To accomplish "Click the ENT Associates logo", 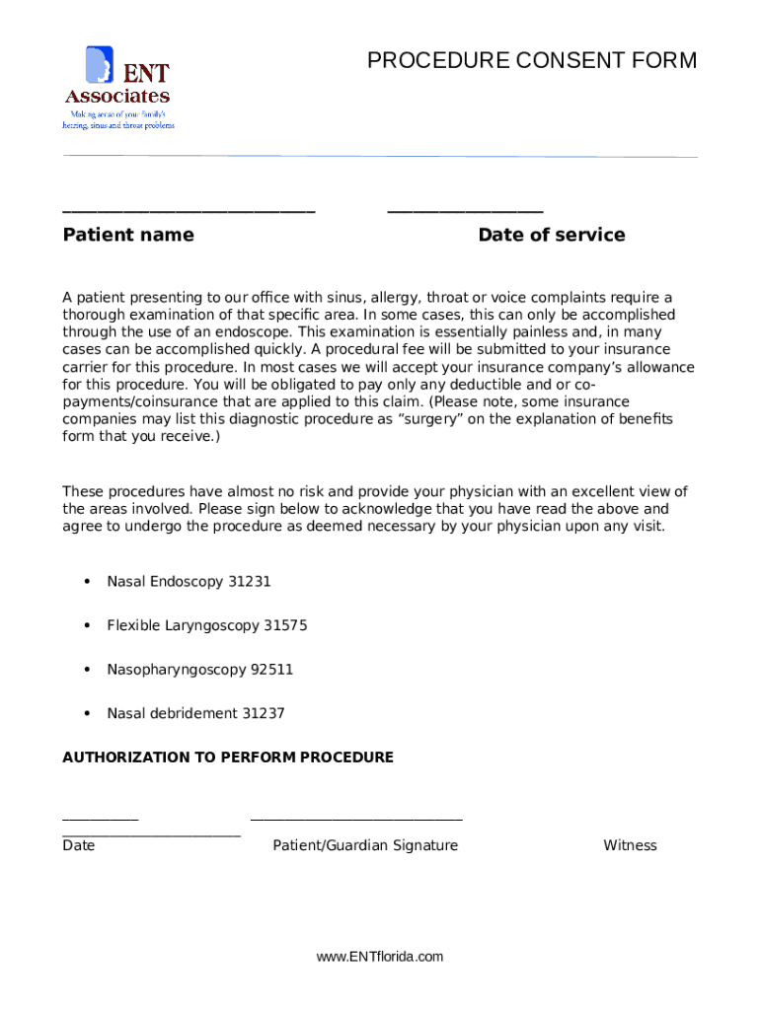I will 117,88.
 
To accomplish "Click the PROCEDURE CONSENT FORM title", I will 531,61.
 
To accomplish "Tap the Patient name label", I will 128,235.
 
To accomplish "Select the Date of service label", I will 551,235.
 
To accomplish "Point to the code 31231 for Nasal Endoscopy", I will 249,582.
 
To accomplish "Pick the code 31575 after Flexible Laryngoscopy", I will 285,625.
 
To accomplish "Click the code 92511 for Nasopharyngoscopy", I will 271,670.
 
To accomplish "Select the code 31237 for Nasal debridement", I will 264,713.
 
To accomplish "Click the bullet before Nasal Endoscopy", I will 87,582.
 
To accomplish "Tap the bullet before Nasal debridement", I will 87,713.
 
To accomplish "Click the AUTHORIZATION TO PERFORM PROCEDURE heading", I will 228,757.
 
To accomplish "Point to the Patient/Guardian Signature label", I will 365,845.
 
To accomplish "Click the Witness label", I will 630,845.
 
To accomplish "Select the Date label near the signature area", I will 79,845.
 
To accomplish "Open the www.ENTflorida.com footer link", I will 380,957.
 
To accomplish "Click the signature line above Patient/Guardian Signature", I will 356,819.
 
